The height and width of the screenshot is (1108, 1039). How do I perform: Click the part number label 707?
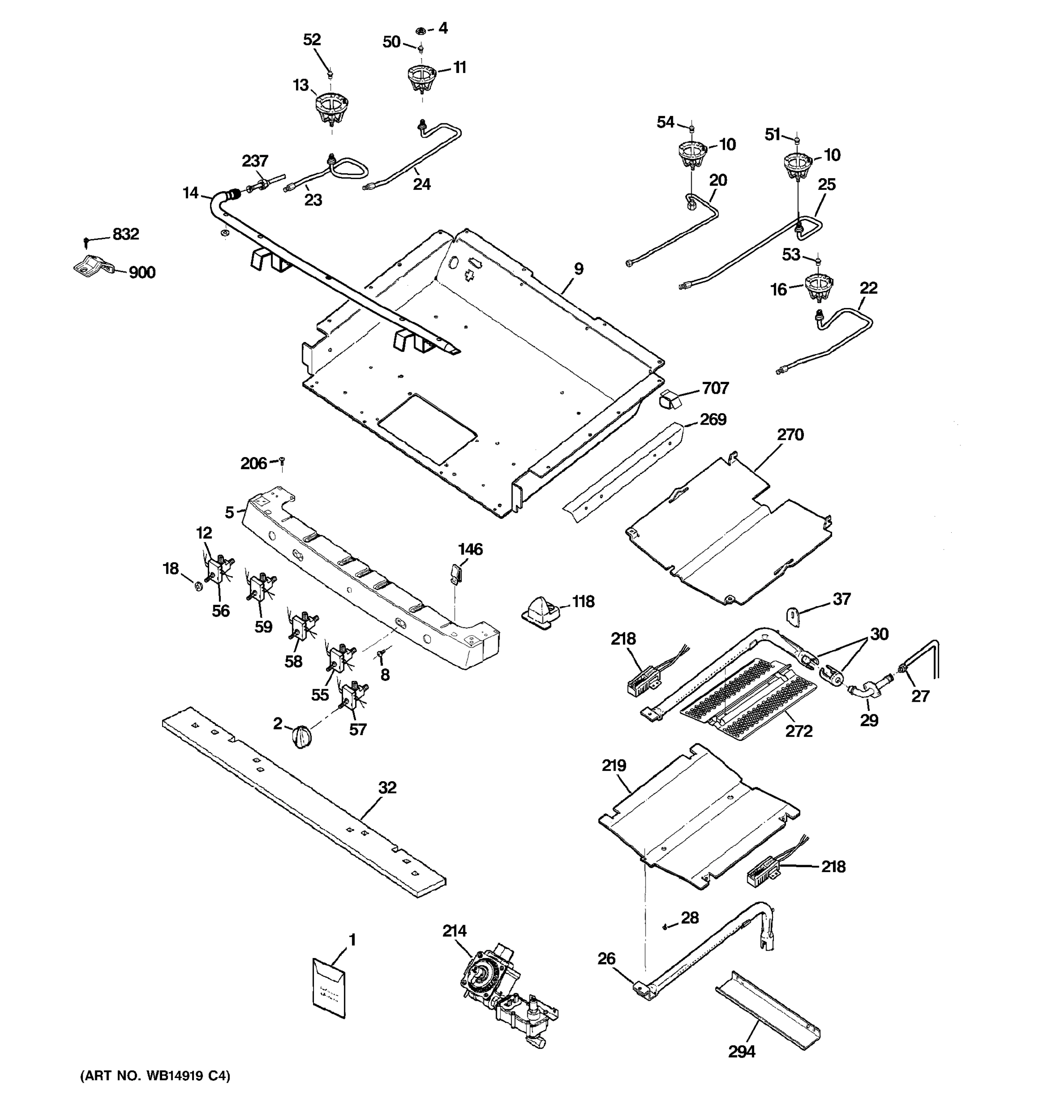(715, 388)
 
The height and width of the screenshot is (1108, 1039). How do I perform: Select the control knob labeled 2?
(301, 737)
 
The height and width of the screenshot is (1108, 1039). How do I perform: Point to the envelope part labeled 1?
(329, 988)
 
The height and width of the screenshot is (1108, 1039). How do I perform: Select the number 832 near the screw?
(126, 234)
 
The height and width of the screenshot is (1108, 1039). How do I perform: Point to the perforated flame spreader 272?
(750, 699)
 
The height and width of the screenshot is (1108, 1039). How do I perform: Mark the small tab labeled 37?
(792, 616)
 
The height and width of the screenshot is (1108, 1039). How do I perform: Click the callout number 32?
(387, 788)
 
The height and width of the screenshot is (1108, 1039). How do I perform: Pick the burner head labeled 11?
(422, 79)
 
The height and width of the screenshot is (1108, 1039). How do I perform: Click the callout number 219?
(614, 766)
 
